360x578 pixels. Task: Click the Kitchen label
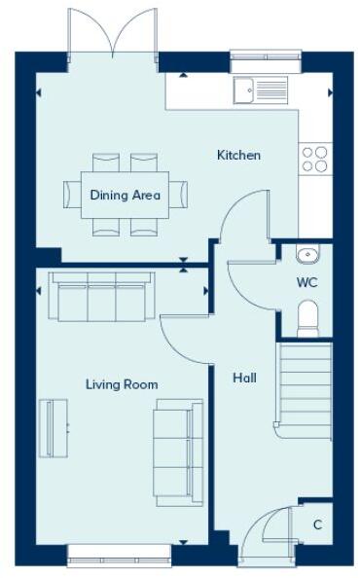click(238, 156)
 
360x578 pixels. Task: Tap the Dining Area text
click(125, 195)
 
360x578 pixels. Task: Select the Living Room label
click(121, 384)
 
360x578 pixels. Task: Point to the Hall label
click(244, 378)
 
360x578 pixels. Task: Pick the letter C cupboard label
click(317, 524)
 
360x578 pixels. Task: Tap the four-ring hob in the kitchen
click(315, 159)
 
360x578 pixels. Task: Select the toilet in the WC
click(307, 317)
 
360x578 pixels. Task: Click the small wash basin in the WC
click(306, 255)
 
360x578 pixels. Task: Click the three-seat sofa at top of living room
click(101, 296)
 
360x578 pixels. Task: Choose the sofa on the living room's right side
click(178, 452)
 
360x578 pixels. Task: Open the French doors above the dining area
click(113, 34)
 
